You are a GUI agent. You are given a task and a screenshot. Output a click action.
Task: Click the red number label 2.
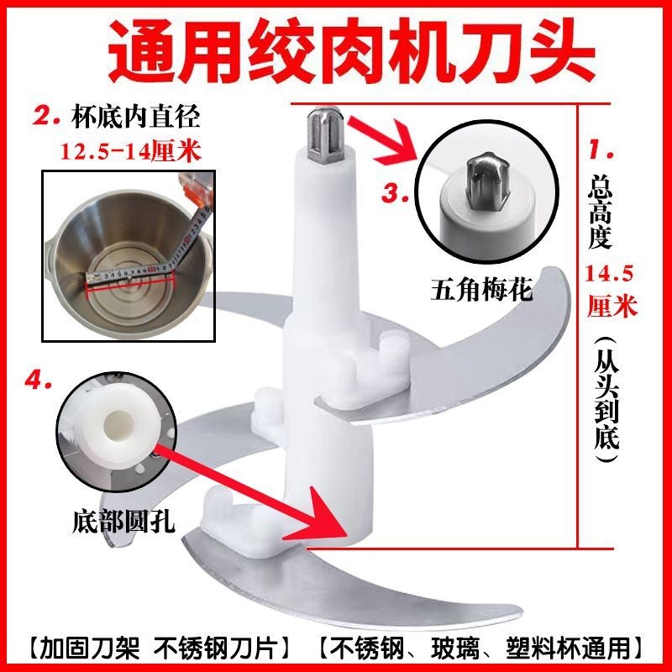46,116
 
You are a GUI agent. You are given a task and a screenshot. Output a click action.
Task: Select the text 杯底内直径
135,116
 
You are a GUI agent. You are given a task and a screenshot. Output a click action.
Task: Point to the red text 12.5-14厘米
131,151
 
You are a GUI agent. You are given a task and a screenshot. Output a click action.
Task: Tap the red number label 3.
396,192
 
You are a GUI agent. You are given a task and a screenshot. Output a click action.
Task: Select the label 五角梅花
481,289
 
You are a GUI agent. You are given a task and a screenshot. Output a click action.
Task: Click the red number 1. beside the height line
601,149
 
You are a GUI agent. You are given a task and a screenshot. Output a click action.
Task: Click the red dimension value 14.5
608,274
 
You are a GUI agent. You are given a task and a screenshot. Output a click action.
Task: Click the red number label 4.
39,381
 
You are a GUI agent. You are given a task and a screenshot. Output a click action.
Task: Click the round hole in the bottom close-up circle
118,425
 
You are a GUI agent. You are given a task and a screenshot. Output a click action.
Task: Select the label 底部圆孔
123,521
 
